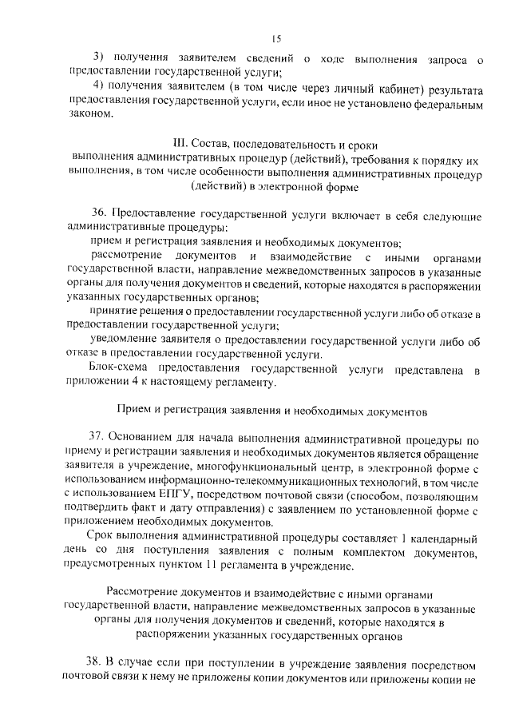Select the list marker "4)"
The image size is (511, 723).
pyautogui.click(x=98, y=86)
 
